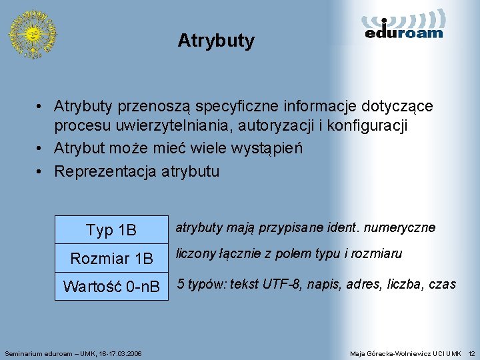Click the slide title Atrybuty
tap(216, 41)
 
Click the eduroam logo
tap(404, 25)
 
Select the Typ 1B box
tap(111, 230)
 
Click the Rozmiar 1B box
tap(111, 258)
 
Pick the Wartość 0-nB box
tap(111, 287)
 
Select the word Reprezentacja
tap(105, 171)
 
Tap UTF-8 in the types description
tap(282, 285)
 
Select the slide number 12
tap(471, 352)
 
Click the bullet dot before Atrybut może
tap(41, 149)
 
